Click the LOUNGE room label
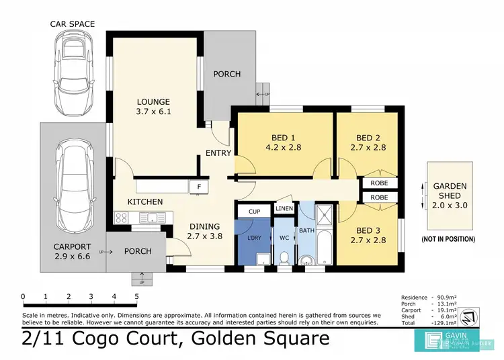click(x=154, y=101)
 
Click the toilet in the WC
click(x=284, y=257)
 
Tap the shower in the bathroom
click(x=326, y=215)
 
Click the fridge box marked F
click(x=199, y=187)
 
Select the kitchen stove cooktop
click(x=122, y=217)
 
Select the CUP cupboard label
click(x=254, y=211)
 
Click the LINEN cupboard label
click(x=284, y=209)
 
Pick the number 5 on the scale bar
click(x=136, y=296)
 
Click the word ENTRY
click(x=219, y=153)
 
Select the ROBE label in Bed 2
click(x=379, y=182)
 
